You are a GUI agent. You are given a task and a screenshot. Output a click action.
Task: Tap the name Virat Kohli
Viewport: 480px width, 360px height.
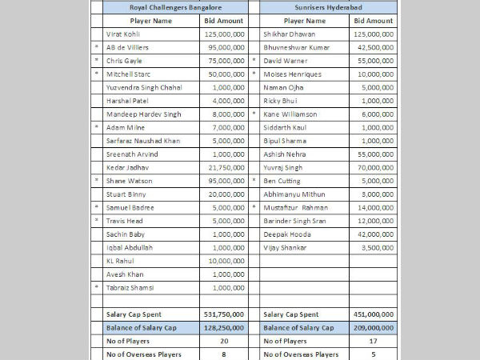pyautogui.click(x=127, y=34)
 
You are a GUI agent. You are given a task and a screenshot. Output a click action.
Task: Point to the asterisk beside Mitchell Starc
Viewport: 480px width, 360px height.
pyautogui.click(x=97, y=74)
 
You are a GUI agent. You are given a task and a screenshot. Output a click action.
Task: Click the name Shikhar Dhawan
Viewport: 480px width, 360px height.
pyautogui.click(x=289, y=34)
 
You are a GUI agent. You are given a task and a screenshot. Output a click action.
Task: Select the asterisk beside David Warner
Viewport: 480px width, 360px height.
pyautogui.click(x=254, y=61)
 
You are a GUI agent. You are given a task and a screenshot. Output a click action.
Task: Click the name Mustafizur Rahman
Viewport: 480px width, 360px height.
pyautogui.click(x=294, y=207)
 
